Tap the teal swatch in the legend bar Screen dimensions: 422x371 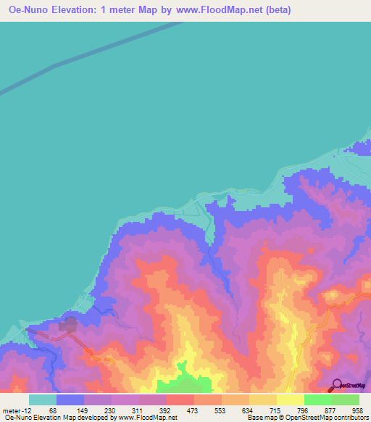(43, 400)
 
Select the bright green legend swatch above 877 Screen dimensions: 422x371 (318, 400)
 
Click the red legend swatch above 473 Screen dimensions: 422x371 (180, 400)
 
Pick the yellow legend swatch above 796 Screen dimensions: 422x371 (291, 400)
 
